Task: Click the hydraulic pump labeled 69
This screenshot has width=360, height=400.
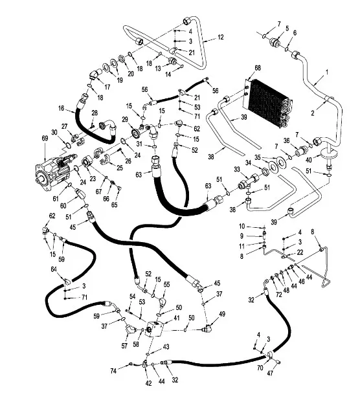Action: [55, 171]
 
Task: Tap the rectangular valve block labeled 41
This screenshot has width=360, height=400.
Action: [155, 329]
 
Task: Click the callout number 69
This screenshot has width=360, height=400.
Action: [45, 139]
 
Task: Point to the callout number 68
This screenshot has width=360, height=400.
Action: [258, 67]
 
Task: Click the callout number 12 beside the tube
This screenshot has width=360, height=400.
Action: [221, 37]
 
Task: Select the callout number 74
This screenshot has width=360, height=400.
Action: [113, 370]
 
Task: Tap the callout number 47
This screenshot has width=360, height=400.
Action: [270, 373]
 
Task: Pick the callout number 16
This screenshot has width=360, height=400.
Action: [62, 108]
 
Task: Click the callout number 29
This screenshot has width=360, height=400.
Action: [125, 119]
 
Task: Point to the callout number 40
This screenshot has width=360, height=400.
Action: [309, 160]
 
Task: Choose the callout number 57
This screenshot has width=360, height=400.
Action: [124, 346]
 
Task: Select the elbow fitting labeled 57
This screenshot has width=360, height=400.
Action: [131, 329]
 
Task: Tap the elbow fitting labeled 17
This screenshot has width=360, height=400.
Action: [95, 74]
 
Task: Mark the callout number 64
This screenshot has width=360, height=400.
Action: [54, 269]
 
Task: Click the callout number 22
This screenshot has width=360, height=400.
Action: [300, 252]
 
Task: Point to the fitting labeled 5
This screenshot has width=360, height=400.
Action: [275, 42]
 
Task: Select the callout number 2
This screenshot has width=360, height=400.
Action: [313, 113]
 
